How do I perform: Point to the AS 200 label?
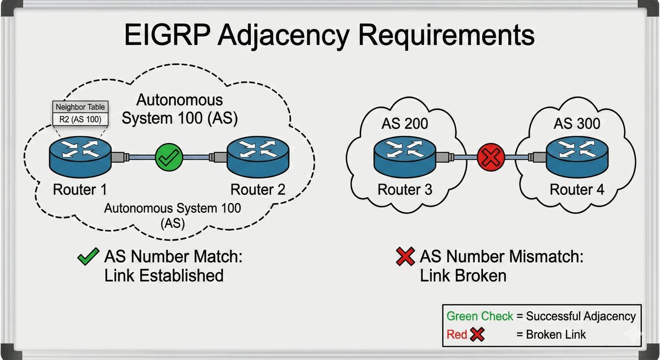[405, 124]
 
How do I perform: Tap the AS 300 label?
[577, 124]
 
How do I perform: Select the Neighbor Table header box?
[79, 106]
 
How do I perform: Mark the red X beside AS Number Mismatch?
[405, 257]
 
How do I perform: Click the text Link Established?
[164, 275]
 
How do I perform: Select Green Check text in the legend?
[480, 316]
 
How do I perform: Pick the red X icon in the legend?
[477, 334]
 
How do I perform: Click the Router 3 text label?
[405, 190]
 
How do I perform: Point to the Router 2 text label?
[257, 190]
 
